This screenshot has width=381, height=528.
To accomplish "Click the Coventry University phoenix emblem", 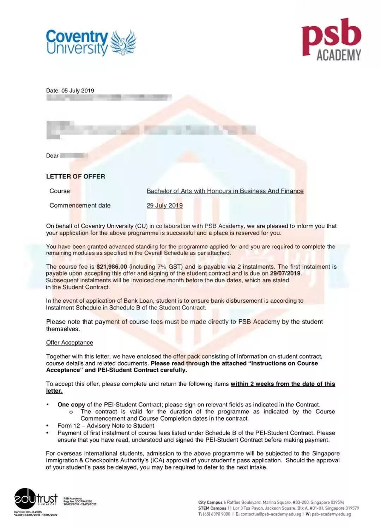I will (x=123, y=43).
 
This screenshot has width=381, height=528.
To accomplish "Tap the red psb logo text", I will (x=331, y=36).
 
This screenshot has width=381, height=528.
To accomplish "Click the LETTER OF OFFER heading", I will (x=75, y=177).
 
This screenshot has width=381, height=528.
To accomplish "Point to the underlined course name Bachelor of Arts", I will (x=225, y=191).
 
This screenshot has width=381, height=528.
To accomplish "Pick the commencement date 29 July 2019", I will (x=164, y=205).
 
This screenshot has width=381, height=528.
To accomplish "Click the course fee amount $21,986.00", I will (x=111, y=267).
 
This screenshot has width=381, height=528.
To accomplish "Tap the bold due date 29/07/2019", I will (x=285, y=274).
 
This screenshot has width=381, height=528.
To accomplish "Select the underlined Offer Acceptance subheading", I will (x=69, y=343).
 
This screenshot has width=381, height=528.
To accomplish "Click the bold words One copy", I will (x=71, y=405).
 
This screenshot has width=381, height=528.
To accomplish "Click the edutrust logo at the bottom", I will (x=36, y=499).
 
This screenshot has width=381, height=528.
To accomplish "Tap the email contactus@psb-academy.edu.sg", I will (x=271, y=514).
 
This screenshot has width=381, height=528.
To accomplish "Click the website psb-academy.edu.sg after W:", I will (x=331, y=514).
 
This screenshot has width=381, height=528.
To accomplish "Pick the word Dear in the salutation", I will (x=52, y=156).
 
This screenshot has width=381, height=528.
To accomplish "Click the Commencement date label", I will (x=80, y=205).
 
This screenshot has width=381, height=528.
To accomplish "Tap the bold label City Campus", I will (x=210, y=502).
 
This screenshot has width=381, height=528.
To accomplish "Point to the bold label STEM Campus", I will (x=212, y=508).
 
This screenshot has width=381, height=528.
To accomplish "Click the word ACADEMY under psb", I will (x=339, y=55).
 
